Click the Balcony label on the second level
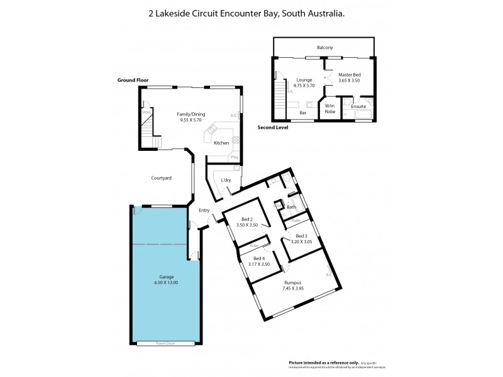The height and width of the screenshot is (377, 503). tap(324, 48)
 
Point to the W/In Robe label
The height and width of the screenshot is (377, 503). tap(329, 109)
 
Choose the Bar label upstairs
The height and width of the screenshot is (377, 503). tap(302, 112)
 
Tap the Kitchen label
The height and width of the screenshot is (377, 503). tap(221, 143)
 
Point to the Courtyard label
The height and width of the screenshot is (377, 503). tap(161, 178)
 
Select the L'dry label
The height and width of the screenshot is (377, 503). tap(226, 181)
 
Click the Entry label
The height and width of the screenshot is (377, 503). tap(204, 210)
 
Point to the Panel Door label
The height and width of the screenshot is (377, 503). tap(165, 343)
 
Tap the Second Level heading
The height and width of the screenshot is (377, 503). tap(273, 128)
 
